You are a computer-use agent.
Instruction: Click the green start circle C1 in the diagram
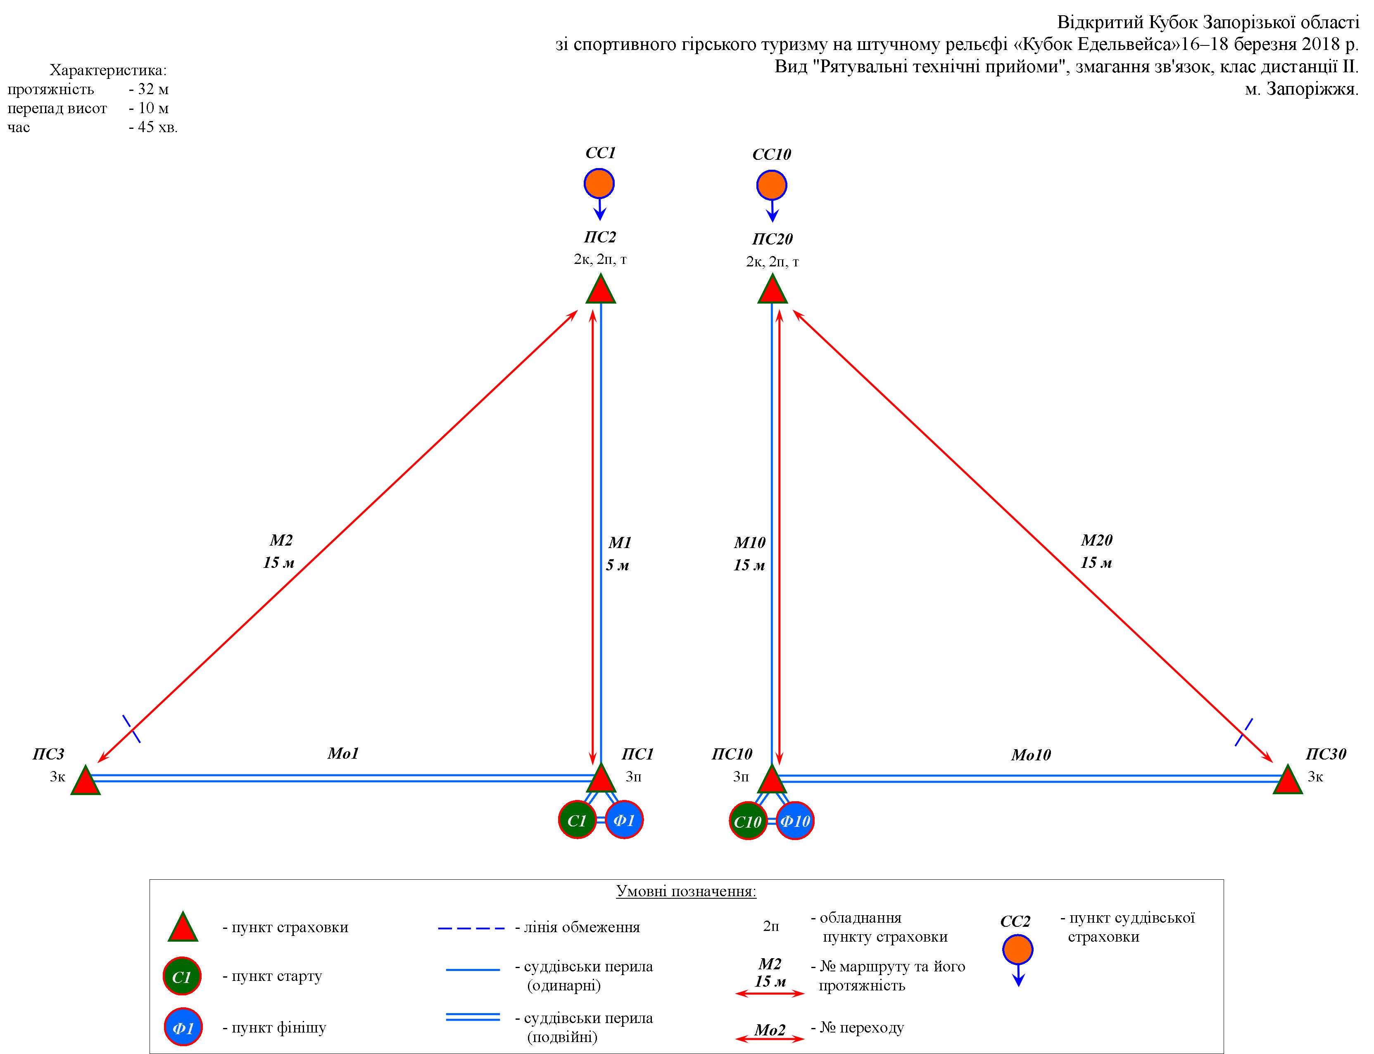(577, 819)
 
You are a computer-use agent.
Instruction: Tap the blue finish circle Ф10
(795, 821)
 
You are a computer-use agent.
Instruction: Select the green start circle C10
(748, 821)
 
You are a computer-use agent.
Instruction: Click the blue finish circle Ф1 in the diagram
(624, 819)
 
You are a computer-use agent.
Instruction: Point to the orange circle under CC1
(599, 184)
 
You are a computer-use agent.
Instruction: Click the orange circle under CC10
(772, 185)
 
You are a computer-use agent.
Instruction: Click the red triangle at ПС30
(1288, 781)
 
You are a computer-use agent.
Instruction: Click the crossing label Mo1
(342, 753)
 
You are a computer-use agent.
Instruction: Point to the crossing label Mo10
(1031, 755)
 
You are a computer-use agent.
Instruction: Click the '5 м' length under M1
(617, 565)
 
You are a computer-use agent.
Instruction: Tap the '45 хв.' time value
(153, 127)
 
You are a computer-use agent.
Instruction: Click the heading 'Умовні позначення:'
(686, 892)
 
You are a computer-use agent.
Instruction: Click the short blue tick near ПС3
(131, 729)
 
